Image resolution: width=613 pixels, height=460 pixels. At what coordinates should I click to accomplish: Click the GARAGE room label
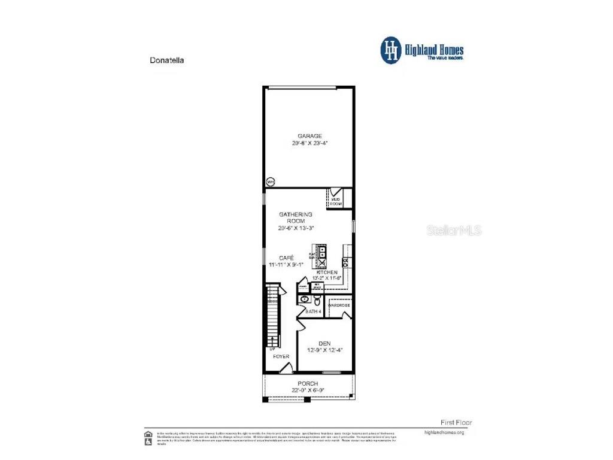[309, 136]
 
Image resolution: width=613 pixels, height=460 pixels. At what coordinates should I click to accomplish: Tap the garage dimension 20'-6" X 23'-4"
[309, 144]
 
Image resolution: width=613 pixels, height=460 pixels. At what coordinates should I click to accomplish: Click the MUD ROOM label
[336, 201]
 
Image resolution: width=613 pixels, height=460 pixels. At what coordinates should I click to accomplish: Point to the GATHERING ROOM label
[296, 217]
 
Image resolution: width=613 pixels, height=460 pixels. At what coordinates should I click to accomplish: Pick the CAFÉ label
[287, 257]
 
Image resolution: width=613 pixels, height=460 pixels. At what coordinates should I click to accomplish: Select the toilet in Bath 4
[317, 300]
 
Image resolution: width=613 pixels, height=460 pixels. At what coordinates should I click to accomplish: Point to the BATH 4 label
[314, 311]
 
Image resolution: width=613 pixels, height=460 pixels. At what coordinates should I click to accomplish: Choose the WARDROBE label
[339, 305]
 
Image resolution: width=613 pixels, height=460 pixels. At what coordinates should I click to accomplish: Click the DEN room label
[324, 343]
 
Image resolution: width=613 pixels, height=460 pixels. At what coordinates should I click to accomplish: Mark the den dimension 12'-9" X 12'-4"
[324, 350]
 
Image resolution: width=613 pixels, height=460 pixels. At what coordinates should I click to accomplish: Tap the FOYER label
[281, 356]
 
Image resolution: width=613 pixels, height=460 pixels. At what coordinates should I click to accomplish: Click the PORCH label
[308, 383]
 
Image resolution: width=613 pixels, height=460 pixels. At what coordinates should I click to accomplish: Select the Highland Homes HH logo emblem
[391, 50]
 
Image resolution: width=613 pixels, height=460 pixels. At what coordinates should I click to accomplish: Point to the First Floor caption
[456, 422]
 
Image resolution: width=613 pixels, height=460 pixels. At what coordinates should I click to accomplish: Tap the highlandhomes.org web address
[444, 432]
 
